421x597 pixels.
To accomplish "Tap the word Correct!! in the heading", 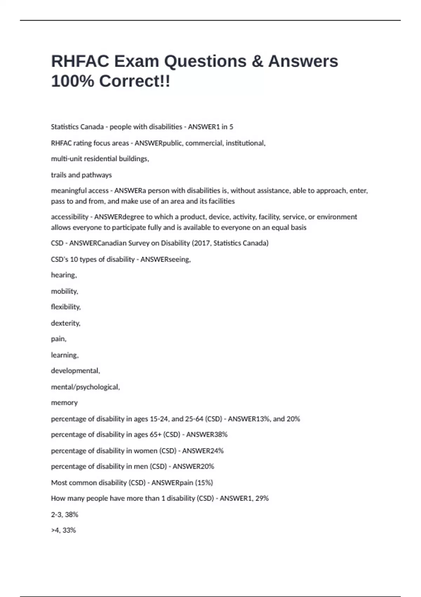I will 135,81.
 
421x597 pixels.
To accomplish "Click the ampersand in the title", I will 257,61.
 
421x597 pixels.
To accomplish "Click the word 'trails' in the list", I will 59,175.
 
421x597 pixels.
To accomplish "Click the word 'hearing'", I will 64,275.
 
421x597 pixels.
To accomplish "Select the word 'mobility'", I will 64,291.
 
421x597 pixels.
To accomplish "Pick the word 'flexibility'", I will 66,307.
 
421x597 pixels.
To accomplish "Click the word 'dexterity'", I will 65,323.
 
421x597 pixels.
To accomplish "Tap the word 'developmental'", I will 75,371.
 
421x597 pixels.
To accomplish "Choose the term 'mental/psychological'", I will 85,387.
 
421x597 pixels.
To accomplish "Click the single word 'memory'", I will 64,403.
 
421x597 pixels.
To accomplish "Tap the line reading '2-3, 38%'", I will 65,514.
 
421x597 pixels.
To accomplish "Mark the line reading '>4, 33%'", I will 64,530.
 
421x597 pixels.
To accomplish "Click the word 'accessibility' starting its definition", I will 69,217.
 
